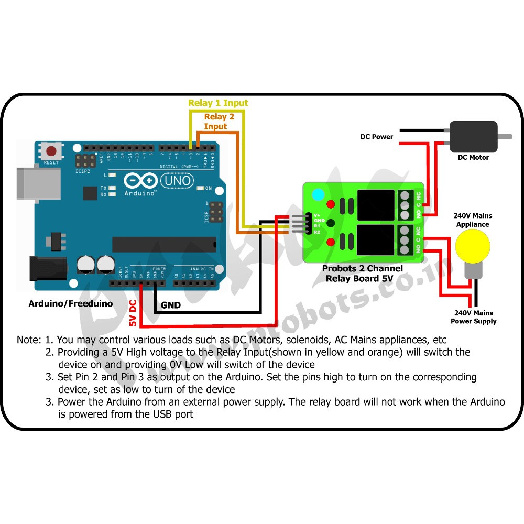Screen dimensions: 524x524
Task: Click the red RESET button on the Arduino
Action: [51, 152]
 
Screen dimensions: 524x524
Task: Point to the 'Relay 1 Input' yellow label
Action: [218, 103]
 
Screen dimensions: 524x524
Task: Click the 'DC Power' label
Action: [376, 137]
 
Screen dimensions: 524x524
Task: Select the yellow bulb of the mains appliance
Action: [472, 244]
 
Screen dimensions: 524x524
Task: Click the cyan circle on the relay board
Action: [318, 195]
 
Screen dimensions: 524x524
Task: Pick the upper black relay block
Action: [375, 205]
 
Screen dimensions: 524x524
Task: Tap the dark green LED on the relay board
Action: [330, 223]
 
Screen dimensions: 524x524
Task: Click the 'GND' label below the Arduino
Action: [171, 305]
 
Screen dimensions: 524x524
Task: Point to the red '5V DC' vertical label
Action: [133, 313]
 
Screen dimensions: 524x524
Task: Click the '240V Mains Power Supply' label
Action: [473, 317]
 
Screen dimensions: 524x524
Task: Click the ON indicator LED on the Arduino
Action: [201, 188]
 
